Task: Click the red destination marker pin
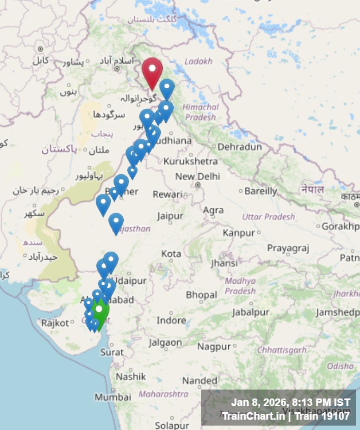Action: click(152, 71)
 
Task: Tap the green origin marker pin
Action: click(100, 312)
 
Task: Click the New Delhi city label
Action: click(198, 177)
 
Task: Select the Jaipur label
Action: click(170, 216)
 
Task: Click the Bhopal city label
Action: click(201, 295)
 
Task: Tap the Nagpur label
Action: click(214, 346)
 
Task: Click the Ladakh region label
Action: click(198, 61)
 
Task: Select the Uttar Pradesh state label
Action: click(268, 217)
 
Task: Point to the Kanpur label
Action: click(238, 233)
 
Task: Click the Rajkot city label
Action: click(54, 323)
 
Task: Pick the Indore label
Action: click(171, 320)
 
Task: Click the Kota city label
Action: click(171, 253)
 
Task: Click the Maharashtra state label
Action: click(163, 394)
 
